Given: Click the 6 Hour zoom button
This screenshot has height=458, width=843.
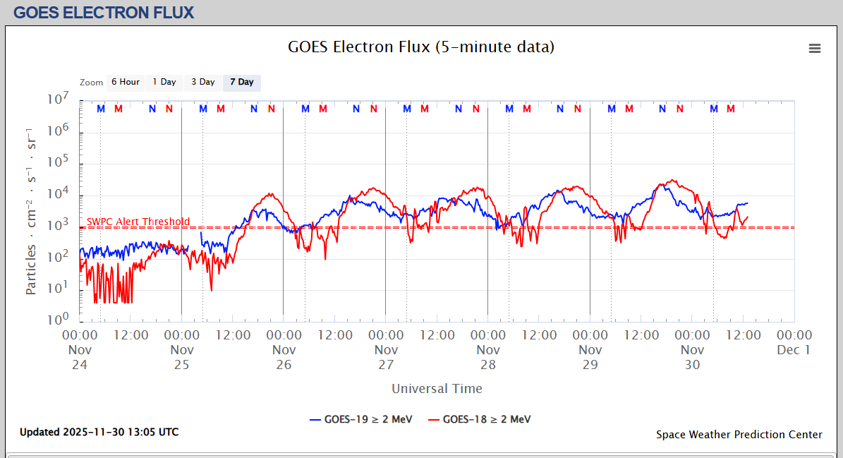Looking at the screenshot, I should (x=125, y=83).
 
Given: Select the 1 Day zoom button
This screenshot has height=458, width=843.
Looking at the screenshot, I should (x=164, y=83).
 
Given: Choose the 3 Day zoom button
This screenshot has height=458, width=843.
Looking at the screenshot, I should (x=203, y=83).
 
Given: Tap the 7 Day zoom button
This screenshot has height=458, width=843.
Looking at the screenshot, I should (x=242, y=83).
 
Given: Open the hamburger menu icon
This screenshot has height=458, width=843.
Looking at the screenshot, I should (x=815, y=48).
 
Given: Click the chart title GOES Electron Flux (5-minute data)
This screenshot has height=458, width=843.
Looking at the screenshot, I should (x=421, y=47).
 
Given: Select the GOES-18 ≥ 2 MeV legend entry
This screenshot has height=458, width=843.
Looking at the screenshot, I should (x=480, y=419).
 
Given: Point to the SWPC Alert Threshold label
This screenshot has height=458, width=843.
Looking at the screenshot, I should (x=138, y=222).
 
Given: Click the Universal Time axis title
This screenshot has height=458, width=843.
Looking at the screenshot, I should (x=437, y=389).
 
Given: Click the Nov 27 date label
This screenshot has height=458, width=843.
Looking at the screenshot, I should (x=386, y=356).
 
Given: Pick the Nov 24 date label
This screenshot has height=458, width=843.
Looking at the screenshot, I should (x=80, y=356).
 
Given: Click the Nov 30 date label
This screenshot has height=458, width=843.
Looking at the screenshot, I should (x=692, y=356).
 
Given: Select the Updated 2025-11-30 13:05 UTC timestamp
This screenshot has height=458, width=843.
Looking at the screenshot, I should (x=99, y=432).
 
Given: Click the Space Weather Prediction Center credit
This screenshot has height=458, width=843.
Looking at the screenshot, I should (x=739, y=435).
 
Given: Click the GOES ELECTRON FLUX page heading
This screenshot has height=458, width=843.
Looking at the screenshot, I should (x=104, y=13).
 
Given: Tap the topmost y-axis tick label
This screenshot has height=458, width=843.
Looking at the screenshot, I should (x=58, y=100).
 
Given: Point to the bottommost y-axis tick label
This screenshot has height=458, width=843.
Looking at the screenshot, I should (x=58, y=319).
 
